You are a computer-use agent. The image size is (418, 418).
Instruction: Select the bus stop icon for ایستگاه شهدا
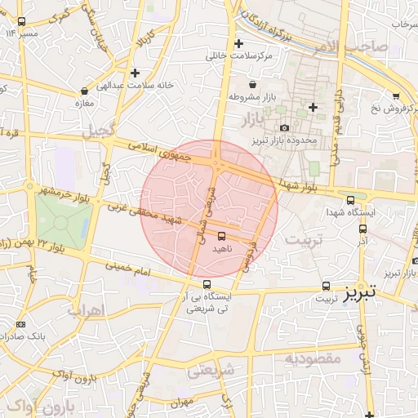tap(351, 198)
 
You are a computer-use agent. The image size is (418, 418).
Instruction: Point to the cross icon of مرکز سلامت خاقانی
tap(238, 43)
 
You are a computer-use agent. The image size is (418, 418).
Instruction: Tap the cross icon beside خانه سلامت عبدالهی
tap(135, 73)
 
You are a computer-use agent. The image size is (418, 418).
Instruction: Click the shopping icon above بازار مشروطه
tap(251, 84)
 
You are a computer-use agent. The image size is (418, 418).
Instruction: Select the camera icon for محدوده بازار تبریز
tap(284, 128)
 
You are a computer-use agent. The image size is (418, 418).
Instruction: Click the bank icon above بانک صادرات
tap(20, 324)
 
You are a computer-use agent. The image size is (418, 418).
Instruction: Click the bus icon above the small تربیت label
tap(327, 286)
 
